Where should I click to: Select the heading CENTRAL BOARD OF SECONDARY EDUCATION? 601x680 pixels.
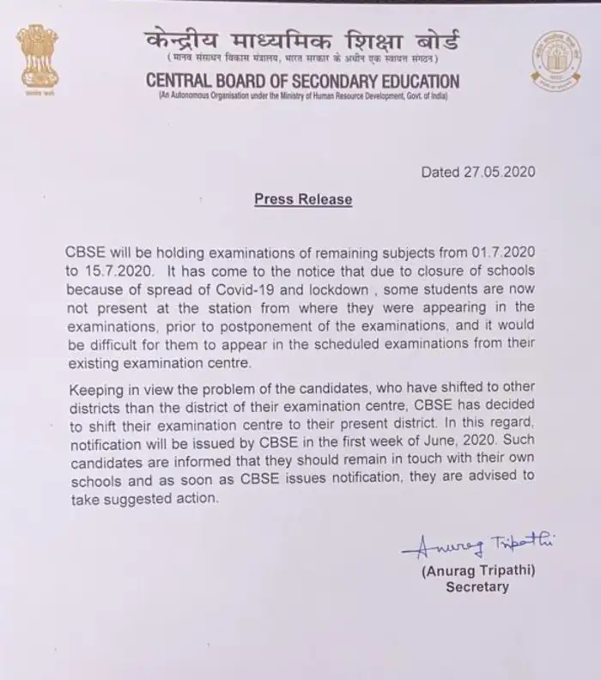302,82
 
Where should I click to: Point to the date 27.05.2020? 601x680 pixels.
501,172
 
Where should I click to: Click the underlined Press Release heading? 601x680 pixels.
303,199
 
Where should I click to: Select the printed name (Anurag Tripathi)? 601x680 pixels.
477,569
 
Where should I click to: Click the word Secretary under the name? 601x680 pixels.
477,587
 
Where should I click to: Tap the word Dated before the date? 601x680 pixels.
441,172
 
